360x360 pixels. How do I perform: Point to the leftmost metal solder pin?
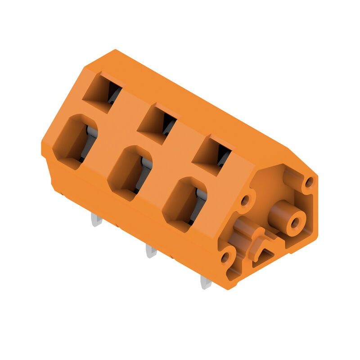pyautogui.click(x=96, y=220)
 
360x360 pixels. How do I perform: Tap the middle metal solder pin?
pyautogui.click(x=151, y=251)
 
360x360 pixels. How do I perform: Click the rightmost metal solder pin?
pyautogui.click(x=205, y=283)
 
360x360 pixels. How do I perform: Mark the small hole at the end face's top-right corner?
pyautogui.click(x=309, y=182)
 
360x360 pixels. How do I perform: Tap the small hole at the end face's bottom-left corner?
pyautogui.click(x=225, y=258)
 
